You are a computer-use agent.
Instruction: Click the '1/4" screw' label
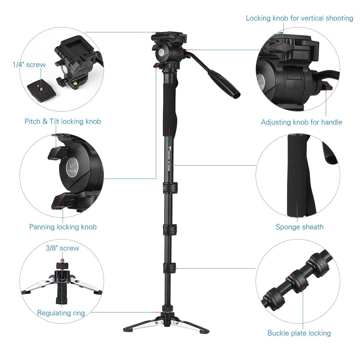click(29, 65)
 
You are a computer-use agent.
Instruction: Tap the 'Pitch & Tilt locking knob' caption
click(63, 121)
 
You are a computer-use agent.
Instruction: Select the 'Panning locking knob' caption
click(63, 227)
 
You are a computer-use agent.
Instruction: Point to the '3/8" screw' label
click(62, 248)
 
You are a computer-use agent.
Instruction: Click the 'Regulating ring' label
click(61, 313)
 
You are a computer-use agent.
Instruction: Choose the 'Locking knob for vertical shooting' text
click(299, 18)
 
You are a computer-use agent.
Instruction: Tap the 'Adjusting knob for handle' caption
click(301, 122)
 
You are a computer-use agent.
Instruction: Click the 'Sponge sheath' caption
click(300, 227)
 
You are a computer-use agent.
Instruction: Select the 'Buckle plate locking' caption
click(299, 333)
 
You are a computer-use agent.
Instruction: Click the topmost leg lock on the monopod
click(170, 187)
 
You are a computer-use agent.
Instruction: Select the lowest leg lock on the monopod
click(170, 267)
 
